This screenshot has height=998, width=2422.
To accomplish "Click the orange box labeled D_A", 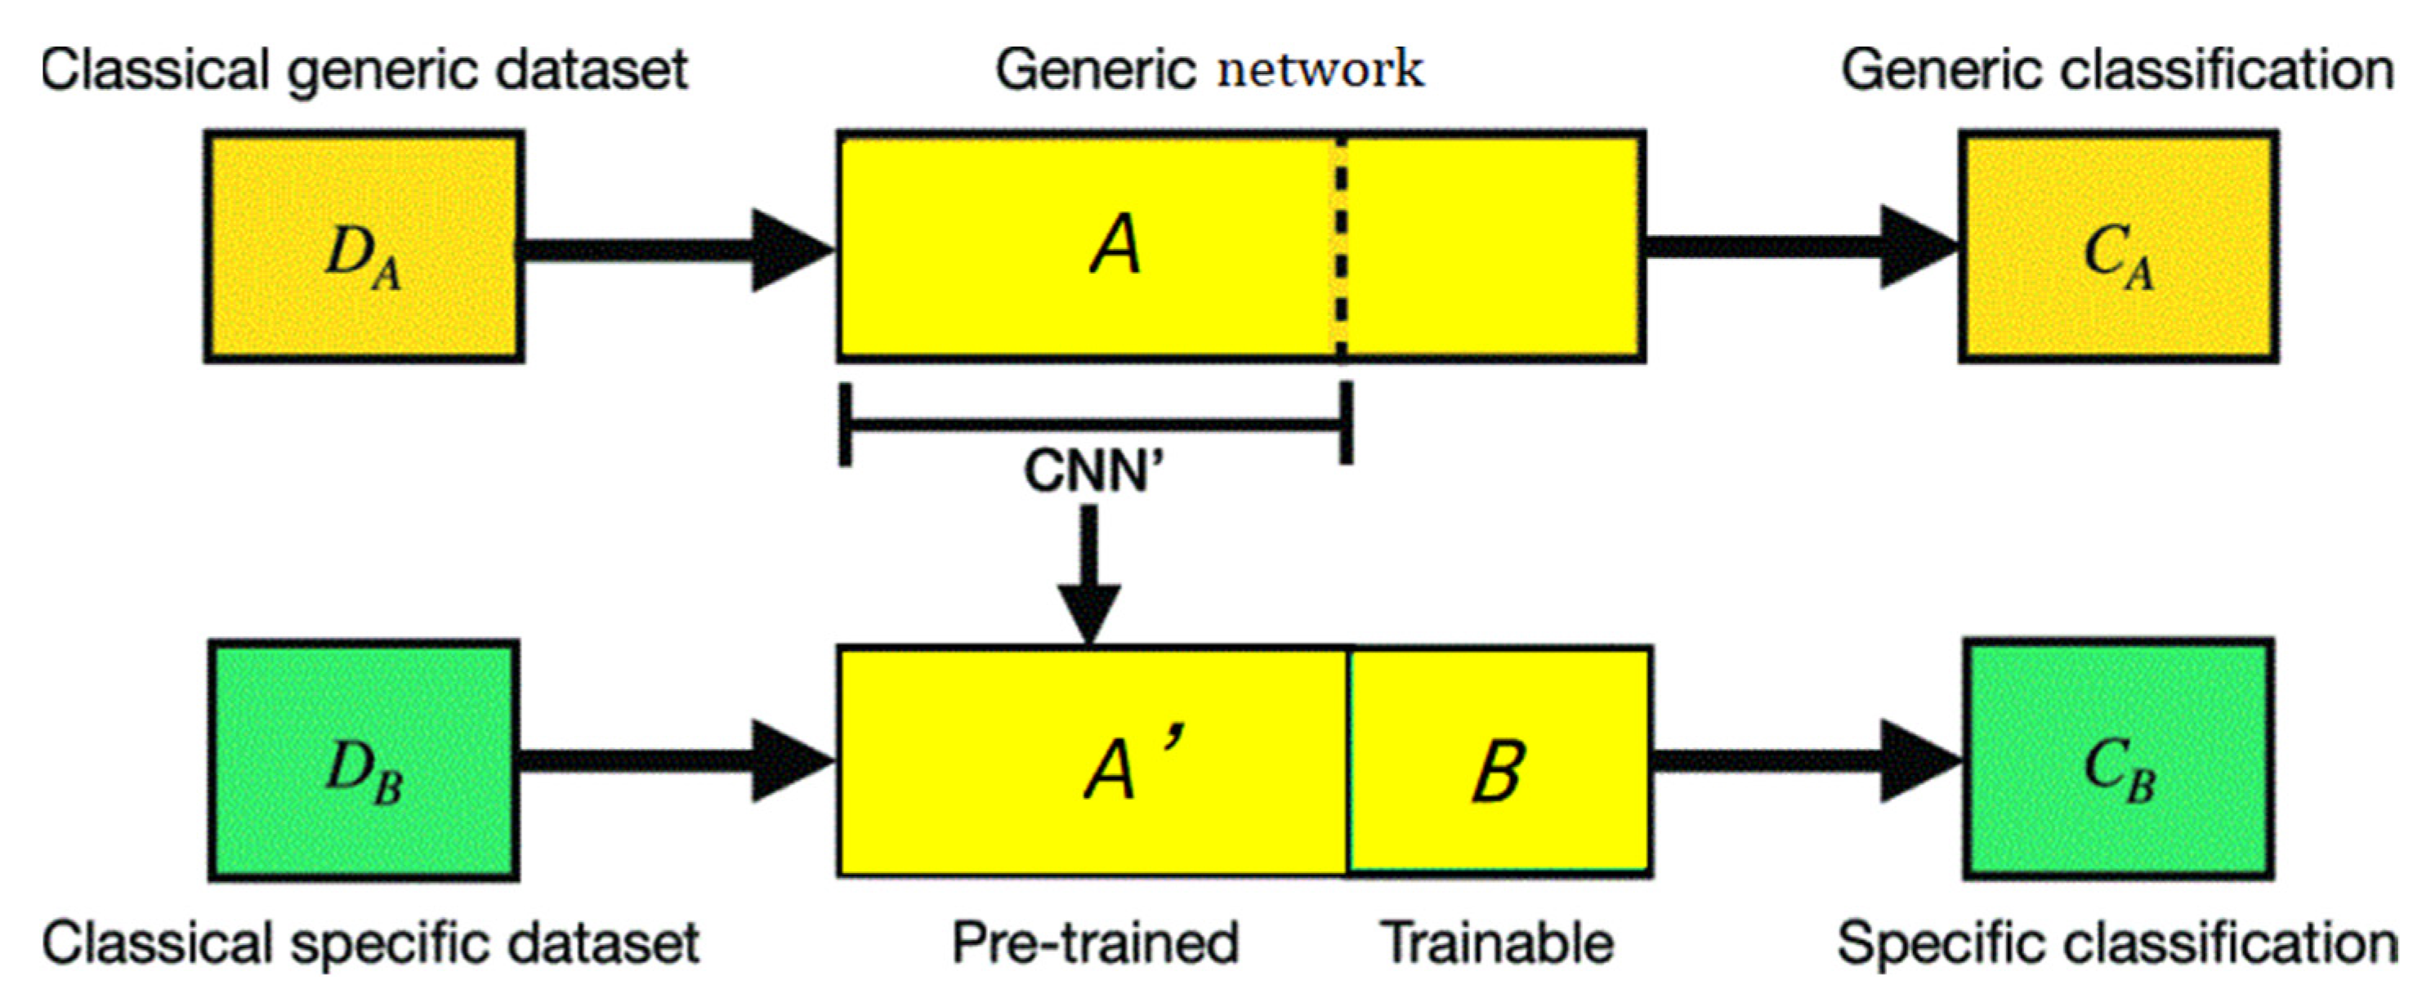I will click(x=364, y=246).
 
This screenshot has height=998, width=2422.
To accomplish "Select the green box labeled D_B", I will click(x=364, y=760).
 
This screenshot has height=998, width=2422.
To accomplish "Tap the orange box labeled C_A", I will click(x=2118, y=246).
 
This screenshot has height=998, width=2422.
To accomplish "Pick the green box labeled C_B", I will click(x=2118, y=760).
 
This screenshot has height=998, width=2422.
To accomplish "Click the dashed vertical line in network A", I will click(x=1341, y=246).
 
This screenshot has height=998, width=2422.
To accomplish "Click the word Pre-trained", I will click(x=1095, y=942).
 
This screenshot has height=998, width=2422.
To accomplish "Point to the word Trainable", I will click(x=1497, y=942).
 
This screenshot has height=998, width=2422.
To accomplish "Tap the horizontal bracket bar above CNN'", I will click(x=1095, y=425).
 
